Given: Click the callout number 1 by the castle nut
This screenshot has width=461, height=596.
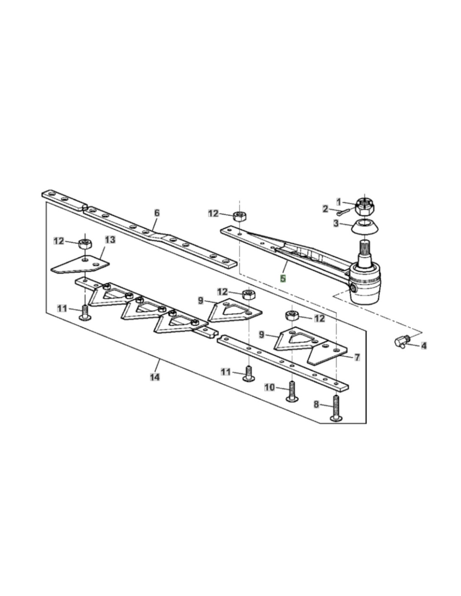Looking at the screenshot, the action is [339, 202].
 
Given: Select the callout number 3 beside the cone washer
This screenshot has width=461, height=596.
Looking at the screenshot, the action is [336, 223].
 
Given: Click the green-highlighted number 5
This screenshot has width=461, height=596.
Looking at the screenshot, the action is [283, 278].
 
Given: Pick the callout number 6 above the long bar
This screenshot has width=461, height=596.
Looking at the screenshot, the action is [157, 213].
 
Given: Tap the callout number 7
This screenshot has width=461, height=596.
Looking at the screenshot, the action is [357, 358].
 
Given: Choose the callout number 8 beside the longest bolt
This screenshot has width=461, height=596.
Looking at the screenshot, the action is [316, 404].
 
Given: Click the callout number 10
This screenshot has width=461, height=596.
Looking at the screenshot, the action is [269, 388].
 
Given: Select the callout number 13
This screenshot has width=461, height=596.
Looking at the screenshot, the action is [110, 240].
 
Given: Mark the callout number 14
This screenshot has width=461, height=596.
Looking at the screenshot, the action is [155, 377].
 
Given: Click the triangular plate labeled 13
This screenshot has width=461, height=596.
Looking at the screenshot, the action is [80, 264].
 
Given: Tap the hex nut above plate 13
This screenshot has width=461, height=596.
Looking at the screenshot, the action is [85, 243].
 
